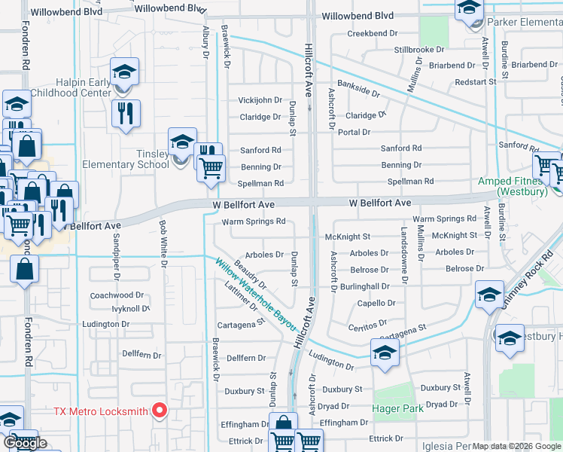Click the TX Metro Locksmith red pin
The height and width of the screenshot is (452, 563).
pyautogui.click(x=159, y=411)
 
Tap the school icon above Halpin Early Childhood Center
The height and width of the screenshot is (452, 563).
pyautogui.click(x=124, y=72)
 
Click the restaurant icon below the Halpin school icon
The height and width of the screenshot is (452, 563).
pyautogui.click(x=126, y=113)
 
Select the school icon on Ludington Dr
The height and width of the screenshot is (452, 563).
pyautogui.click(x=384, y=353)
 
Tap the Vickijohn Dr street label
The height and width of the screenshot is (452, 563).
pyautogui.click(x=260, y=100)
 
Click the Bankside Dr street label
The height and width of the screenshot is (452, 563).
pyautogui.click(x=359, y=87)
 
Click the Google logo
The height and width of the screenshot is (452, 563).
pyautogui.click(x=25, y=443)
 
